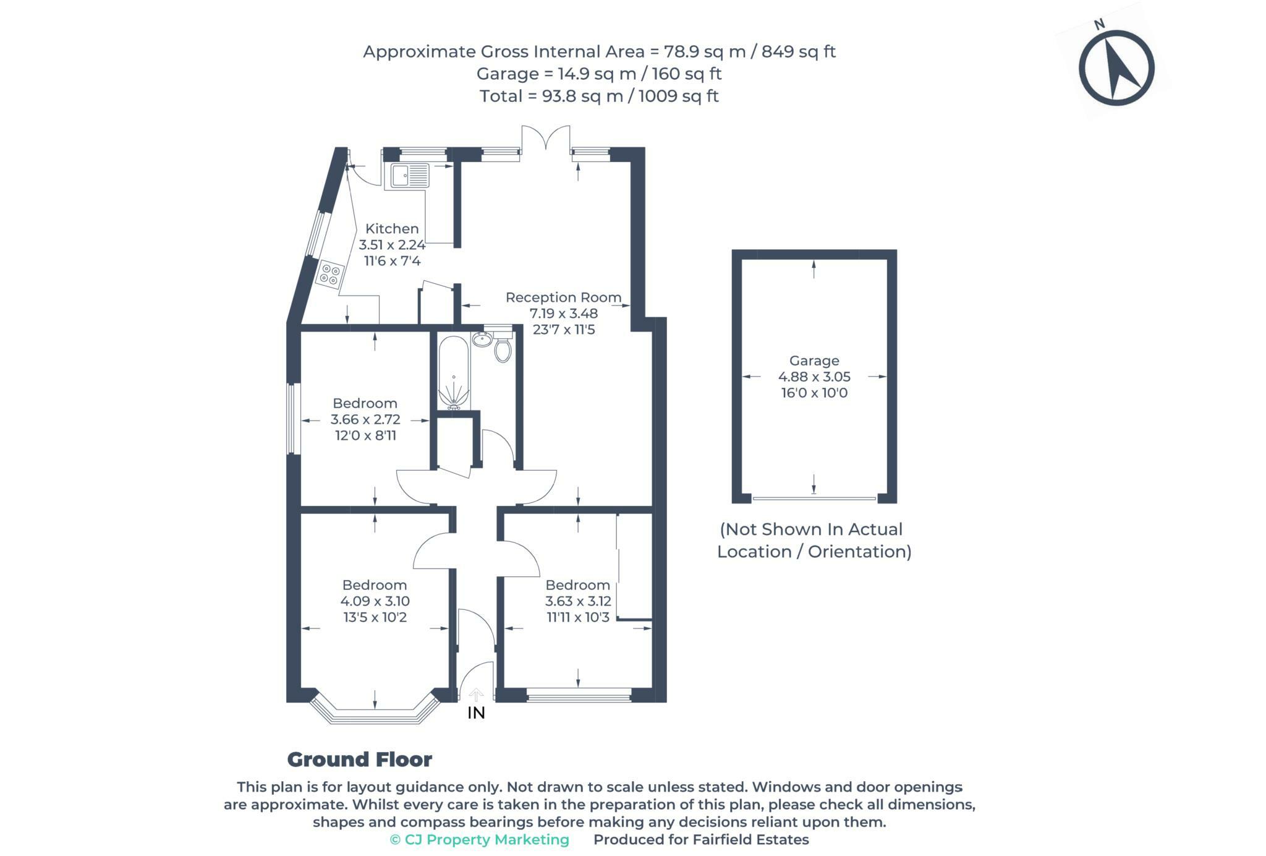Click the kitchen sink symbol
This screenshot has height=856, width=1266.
tap(406, 175)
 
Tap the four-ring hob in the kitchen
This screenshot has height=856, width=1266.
tap(330, 275)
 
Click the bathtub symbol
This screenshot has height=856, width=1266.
tap(454, 373)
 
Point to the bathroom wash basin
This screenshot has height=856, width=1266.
tap(482, 338)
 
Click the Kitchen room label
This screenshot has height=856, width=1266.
tap(392, 228)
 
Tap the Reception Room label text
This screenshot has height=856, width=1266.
tap(563, 297)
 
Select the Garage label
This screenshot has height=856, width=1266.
tap(814, 361)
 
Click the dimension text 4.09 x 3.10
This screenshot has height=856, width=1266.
tap(375, 601)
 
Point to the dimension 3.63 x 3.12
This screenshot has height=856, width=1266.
tap(578, 601)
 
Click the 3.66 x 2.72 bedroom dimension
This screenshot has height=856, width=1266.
tap(365, 419)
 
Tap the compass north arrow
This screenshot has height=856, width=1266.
tap(1116, 68)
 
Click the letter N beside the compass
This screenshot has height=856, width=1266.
tap(1099, 25)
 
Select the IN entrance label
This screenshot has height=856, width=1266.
tap(476, 713)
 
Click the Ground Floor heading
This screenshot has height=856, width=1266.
tap(360, 760)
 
